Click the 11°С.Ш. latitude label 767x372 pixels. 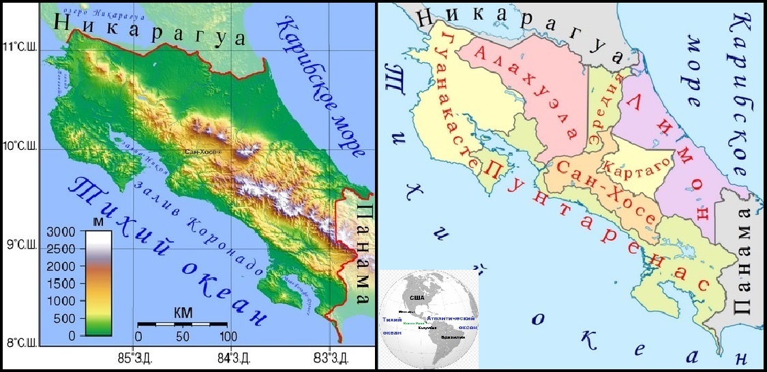[19, 48]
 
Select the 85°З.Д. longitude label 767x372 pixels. [135, 356]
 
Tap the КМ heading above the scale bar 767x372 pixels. [182, 313]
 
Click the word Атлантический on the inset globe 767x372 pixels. [450, 318]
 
